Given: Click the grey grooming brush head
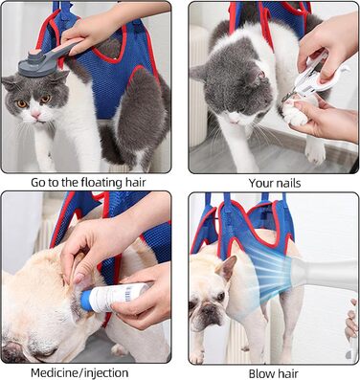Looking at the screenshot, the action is coord(34,65).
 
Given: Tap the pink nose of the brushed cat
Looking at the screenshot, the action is coord(35,114).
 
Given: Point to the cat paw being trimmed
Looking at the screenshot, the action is coord(295,112).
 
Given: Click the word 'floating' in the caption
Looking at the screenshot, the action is coord(97,183).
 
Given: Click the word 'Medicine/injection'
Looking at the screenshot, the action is coord(79,372).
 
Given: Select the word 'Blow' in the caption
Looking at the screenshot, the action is coord(259,373).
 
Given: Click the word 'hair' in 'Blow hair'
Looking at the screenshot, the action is coord(286,373).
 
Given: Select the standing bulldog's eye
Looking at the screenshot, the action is coord(221,296).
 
